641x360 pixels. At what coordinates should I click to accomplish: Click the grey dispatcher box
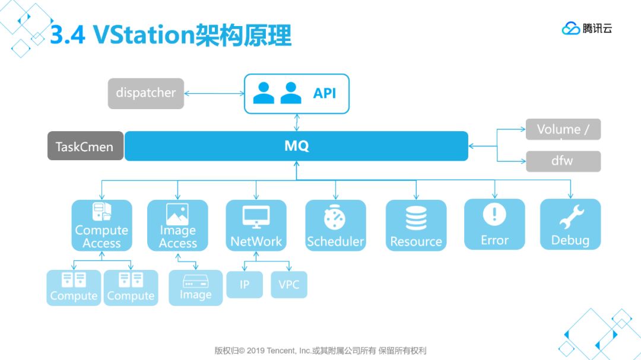(146, 93)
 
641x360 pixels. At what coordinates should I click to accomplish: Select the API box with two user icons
(297, 94)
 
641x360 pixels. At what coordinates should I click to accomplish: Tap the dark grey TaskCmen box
(85, 146)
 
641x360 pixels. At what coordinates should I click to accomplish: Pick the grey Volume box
(563, 129)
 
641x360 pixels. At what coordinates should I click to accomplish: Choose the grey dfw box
(563, 161)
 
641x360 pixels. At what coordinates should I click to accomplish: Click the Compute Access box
(101, 225)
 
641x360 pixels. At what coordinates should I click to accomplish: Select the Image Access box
(177, 225)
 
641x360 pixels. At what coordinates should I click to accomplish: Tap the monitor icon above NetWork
(256, 217)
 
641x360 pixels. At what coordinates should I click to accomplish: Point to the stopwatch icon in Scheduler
(335, 218)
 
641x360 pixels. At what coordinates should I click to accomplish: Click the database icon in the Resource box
(416, 218)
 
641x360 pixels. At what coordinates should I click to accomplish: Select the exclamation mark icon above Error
(494, 215)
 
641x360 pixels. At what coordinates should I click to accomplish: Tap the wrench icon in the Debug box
(571, 217)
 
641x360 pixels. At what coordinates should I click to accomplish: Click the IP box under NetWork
(245, 285)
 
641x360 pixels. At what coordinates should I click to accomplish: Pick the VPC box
(289, 285)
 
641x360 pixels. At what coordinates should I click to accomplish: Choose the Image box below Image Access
(195, 288)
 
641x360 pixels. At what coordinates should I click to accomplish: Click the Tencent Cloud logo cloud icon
(570, 28)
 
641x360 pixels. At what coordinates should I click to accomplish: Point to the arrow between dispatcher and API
(214, 93)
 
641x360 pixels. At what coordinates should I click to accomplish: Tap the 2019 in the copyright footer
(255, 351)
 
